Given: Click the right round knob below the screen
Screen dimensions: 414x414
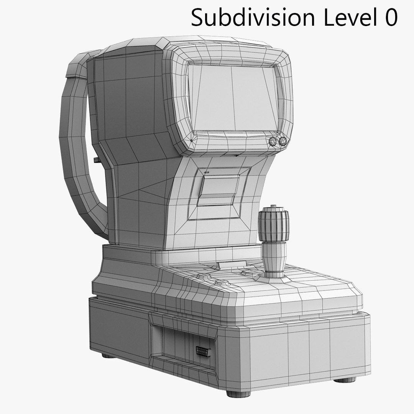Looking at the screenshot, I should (x=283, y=141).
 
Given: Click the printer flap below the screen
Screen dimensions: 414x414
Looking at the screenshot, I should (x=219, y=190).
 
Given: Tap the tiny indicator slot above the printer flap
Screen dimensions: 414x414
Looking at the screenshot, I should (x=207, y=172).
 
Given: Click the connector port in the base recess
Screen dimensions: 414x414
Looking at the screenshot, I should (x=202, y=351).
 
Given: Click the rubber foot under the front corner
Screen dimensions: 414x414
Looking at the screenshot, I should (x=238, y=393).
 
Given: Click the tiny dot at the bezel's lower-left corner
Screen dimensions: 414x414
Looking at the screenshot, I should (x=191, y=141).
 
